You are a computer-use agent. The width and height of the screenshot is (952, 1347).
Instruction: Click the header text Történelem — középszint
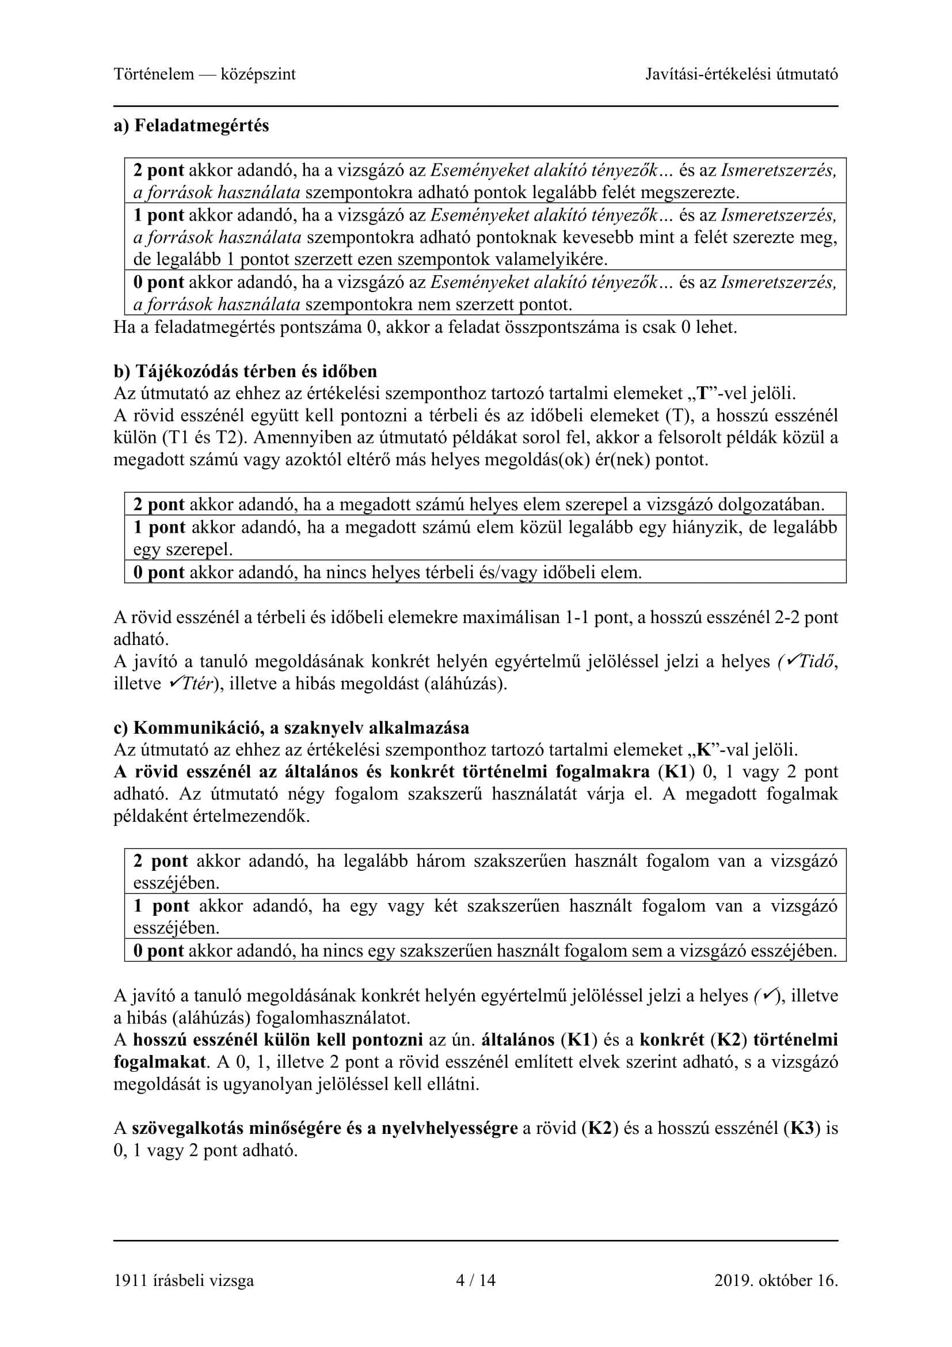coord(204,74)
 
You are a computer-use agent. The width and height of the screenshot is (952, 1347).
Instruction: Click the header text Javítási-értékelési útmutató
coord(741,74)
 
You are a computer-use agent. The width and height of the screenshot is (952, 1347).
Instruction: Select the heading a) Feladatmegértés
coord(191,126)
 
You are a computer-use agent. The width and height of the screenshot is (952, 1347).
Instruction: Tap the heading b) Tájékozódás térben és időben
coord(245,371)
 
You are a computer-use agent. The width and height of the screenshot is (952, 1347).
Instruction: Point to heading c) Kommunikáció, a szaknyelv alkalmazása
coord(291,728)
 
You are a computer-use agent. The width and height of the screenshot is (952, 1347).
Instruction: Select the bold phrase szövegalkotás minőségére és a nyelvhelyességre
coord(324,1128)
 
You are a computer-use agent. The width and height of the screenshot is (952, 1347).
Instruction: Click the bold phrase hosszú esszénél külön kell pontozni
coord(278,1040)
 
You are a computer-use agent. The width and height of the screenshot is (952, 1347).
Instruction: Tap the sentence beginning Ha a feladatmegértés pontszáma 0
coord(425,327)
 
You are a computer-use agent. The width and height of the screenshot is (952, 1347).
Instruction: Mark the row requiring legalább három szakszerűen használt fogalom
coord(485,871)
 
